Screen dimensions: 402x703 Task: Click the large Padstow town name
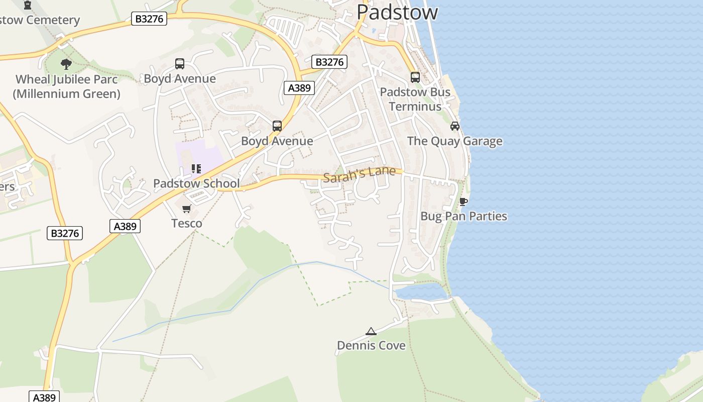pyautogui.click(x=397, y=12)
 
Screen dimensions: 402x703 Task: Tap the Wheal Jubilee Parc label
pyautogui.click(x=67, y=86)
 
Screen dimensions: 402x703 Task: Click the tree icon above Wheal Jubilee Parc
pyautogui.click(x=66, y=64)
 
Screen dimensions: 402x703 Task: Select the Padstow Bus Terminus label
pyautogui.click(x=415, y=99)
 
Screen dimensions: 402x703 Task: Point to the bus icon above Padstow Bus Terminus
pyautogui.click(x=415, y=77)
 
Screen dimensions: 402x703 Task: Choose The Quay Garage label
pyautogui.click(x=454, y=141)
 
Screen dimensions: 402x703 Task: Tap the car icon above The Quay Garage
pyautogui.click(x=455, y=126)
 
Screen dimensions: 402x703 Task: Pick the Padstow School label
pyautogui.click(x=196, y=183)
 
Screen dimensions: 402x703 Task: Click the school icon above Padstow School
pyautogui.click(x=196, y=169)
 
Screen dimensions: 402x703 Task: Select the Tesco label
pyautogui.click(x=187, y=224)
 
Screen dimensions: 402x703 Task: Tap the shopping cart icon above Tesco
pyautogui.click(x=187, y=209)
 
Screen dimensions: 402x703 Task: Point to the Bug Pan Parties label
pyautogui.click(x=463, y=217)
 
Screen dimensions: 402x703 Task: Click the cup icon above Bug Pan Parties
pyautogui.click(x=463, y=202)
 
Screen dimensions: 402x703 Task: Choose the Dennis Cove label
pyautogui.click(x=371, y=346)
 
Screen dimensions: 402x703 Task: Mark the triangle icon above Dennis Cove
pyautogui.click(x=371, y=331)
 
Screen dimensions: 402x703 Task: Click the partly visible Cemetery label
pyautogui.click(x=40, y=21)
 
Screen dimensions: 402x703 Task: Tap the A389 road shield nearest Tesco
pyautogui.click(x=125, y=226)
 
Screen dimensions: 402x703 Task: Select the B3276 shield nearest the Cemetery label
pyautogui.click(x=149, y=19)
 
